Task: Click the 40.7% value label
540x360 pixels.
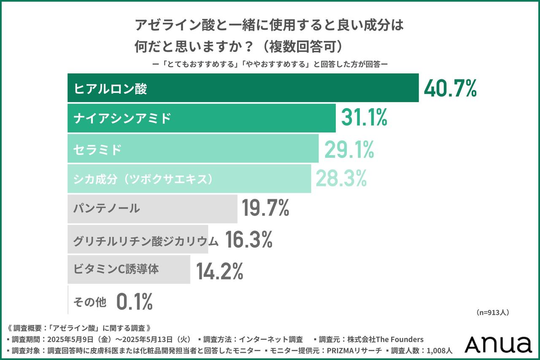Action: click(450, 88)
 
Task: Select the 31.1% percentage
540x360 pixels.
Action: click(364, 119)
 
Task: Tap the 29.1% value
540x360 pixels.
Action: click(349, 149)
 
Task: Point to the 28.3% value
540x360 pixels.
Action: click(341, 179)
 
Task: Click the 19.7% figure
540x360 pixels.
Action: click(265, 208)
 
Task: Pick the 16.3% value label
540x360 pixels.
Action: click(248, 240)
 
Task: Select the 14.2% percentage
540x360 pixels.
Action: click(219, 271)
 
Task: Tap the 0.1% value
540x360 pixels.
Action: click(134, 302)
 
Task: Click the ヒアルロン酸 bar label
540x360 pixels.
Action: click(110, 89)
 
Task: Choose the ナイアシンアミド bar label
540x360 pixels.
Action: click(122, 119)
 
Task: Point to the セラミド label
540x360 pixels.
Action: click(97, 149)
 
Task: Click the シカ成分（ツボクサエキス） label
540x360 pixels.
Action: click(143, 179)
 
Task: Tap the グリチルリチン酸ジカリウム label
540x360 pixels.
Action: click(146, 241)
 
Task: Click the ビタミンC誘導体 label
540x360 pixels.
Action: click(116, 269)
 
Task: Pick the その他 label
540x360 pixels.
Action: click(90, 302)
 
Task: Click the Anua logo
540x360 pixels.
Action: click(498, 344)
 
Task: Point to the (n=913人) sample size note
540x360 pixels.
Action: click(493, 313)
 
